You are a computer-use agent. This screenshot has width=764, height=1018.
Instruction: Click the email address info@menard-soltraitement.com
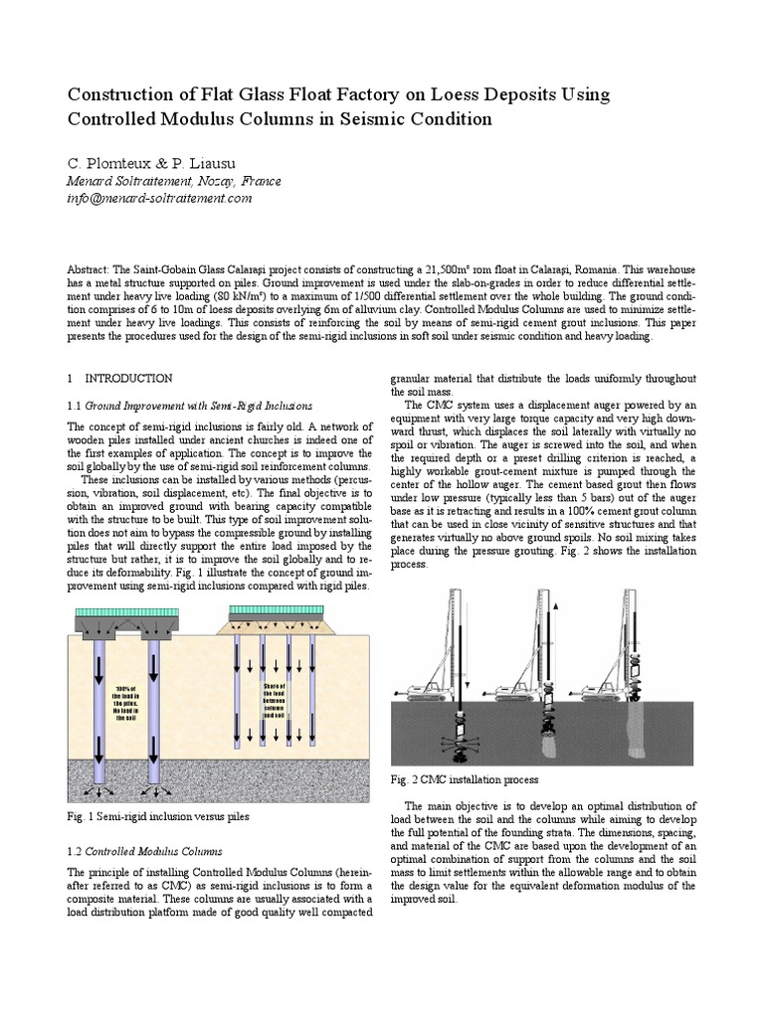click(159, 198)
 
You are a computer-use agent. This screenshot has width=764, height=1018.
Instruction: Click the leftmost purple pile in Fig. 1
click(103, 706)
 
